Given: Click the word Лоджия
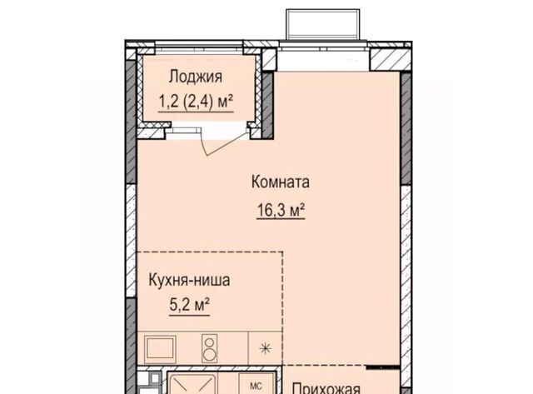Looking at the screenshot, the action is (x=196, y=77).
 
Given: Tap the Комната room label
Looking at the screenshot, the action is (x=281, y=182).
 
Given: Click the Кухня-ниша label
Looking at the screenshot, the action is (x=189, y=280).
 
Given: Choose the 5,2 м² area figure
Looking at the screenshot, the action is (x=189, y=305).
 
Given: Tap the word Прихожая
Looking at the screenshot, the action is (x=326, y=388).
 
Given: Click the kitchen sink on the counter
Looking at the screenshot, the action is (x=160, y=348).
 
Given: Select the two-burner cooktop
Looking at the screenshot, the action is (x=209, y=348).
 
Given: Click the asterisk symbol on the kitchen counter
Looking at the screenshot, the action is (x=265, y=348).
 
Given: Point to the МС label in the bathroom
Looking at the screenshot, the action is (x=256, y=387).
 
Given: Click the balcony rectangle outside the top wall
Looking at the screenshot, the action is (x=323, y=25).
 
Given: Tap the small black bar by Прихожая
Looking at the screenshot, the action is (x=383, y=367).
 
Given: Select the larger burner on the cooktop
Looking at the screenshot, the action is (x=209, y=355).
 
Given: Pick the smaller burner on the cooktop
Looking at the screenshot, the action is (x=209, y=342).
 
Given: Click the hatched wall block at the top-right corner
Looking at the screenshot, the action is (x=390, y=59).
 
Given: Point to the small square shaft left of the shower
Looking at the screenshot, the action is (x=155, y=378).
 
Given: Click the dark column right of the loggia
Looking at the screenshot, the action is (x=268, y=106).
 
